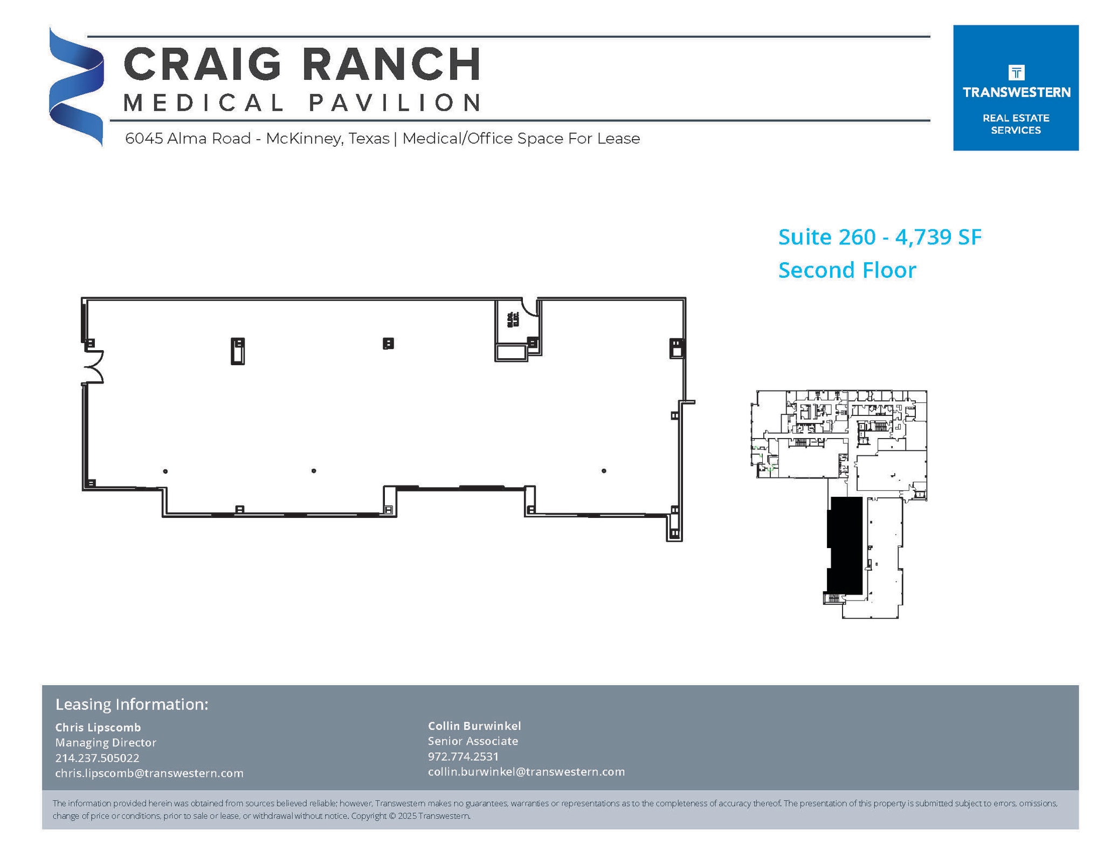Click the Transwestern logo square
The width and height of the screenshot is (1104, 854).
point(1015,87)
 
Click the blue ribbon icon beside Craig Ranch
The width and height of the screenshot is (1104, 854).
point(76,86)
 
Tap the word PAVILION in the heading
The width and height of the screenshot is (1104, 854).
point(395,103)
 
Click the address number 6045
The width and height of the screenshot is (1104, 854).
point(144,139)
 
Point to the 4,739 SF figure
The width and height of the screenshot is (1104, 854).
point(939,237)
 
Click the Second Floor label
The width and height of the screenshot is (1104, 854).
point(847,270)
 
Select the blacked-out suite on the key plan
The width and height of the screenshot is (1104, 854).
point(845,545)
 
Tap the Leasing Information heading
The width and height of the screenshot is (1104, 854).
point(132,704)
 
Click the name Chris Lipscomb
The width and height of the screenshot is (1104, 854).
point(98,727)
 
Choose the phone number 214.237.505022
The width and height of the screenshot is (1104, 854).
point(97,757)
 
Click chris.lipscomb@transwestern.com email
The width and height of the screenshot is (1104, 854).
point(149,773)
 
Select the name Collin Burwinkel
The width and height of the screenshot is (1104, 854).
point(474,726)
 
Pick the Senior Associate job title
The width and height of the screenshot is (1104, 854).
point(473,741)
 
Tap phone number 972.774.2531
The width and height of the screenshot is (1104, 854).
point(463,756)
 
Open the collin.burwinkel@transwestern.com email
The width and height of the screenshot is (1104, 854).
point(526,771)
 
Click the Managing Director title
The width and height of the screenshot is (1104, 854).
point(106,742)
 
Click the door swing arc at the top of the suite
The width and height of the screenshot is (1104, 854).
point(529,308)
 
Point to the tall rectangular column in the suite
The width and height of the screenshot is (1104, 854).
point(238,351)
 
